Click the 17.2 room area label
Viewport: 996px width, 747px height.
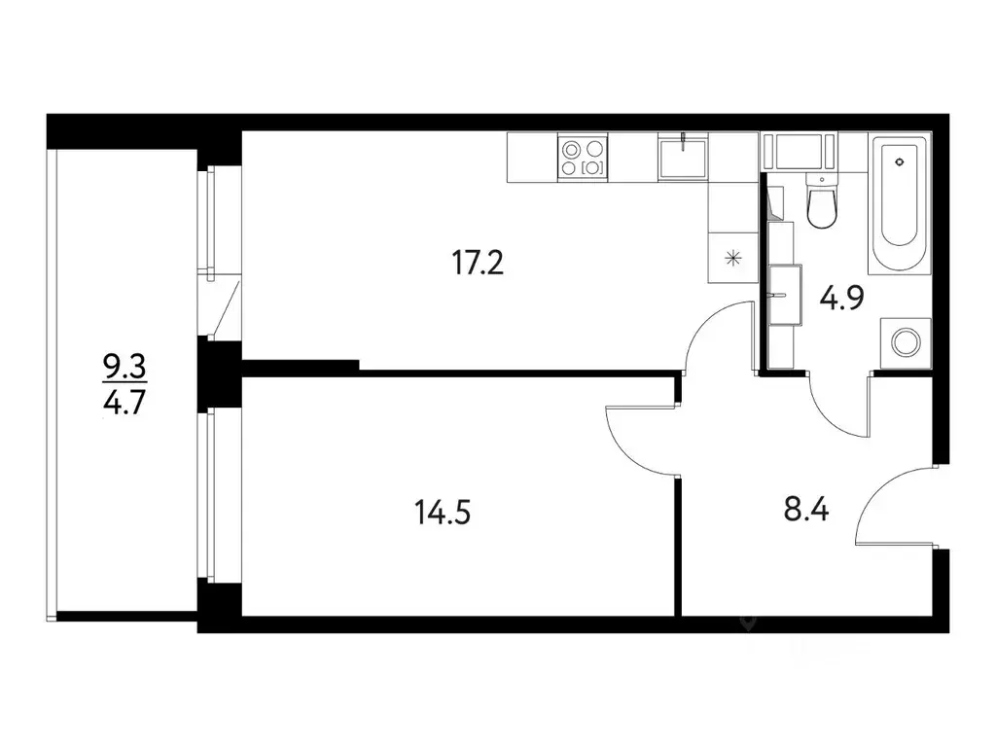point(477,263)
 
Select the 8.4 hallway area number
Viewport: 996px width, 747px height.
point(806,510)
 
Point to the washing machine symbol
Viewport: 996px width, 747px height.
point(906,343)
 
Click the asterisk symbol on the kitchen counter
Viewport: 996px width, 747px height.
point(732,258)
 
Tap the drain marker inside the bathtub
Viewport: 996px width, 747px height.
point(900,162)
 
